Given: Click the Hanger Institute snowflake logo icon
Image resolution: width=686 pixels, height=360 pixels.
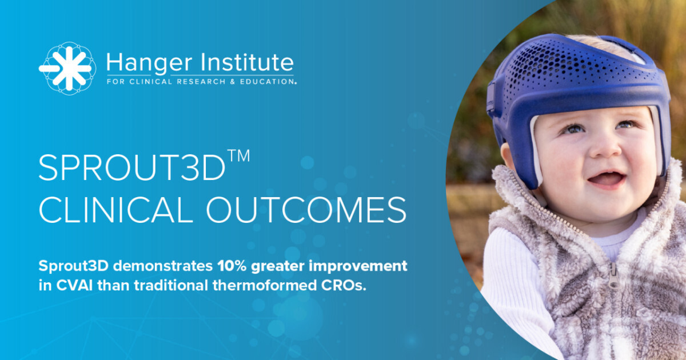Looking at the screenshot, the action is (x=67, y=68).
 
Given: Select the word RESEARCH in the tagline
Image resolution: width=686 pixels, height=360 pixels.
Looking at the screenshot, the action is (x=201, y=82).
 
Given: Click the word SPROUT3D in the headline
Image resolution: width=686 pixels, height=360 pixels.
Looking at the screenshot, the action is (x=132, y=168).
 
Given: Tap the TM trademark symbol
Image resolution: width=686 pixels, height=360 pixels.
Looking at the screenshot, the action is (x=238, y=155).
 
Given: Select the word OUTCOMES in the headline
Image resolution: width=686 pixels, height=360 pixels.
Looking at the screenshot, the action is (x=306, y=210).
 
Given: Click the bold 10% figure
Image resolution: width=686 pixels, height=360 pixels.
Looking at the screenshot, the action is (x=232, y=265).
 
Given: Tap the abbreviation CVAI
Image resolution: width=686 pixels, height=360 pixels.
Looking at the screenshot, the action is (x=74, y=285).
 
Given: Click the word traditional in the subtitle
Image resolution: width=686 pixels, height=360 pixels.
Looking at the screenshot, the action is (x=170, y=285).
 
